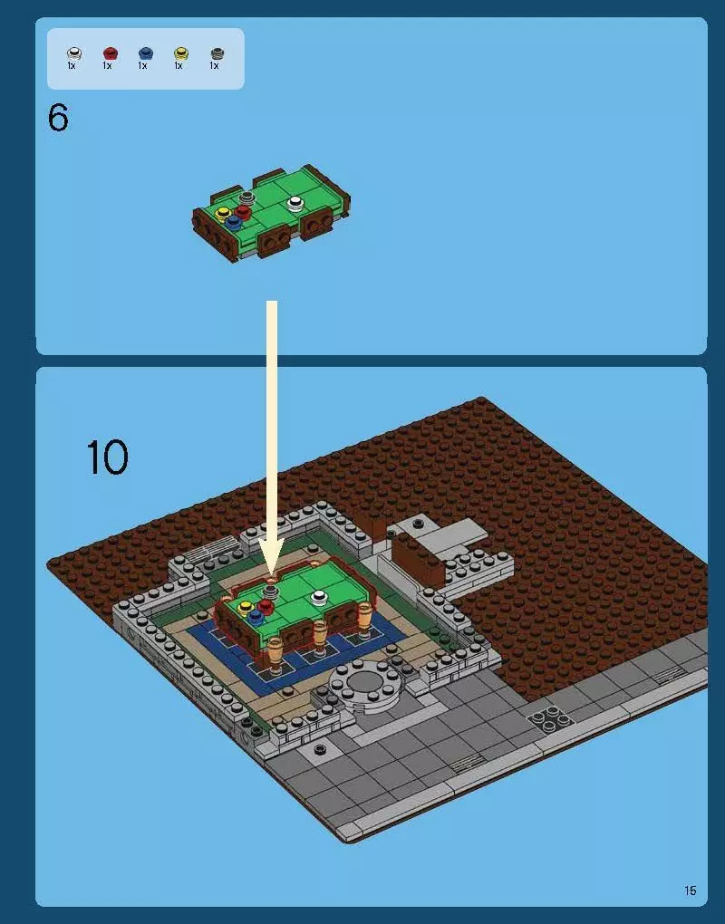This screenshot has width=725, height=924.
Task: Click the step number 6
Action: (x=58, y=118)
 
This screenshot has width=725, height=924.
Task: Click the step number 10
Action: (x=107, y=457)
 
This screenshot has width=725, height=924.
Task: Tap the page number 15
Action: (x=691, y=891)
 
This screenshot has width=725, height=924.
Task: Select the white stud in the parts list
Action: (x=73, y=53)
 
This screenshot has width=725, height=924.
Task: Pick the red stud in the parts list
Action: (x=110, y=53)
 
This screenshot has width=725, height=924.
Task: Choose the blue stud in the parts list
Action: (x=145, y=53)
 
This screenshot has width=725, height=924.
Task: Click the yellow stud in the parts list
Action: (x=180, y=53)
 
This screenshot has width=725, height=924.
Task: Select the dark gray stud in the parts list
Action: (x=216, y=53)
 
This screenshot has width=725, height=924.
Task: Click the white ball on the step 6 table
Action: (x=295, y=203)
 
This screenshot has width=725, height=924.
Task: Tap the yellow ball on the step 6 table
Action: (x=223, y=213)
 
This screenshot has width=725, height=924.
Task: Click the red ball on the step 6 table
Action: (x=243, y=212)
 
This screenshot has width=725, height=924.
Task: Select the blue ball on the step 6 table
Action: (x=234, y=220)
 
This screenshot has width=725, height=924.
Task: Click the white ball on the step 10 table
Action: (x=318, y=597)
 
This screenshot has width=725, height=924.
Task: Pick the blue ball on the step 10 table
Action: (x=256, y=615)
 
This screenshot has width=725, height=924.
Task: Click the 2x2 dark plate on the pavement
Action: (x=550, y=720)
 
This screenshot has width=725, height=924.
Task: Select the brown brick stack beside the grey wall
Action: (x=420, y=554)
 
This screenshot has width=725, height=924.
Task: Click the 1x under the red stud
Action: (x=108, y=66)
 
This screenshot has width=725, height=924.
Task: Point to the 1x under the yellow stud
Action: (x=179, y=66)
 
